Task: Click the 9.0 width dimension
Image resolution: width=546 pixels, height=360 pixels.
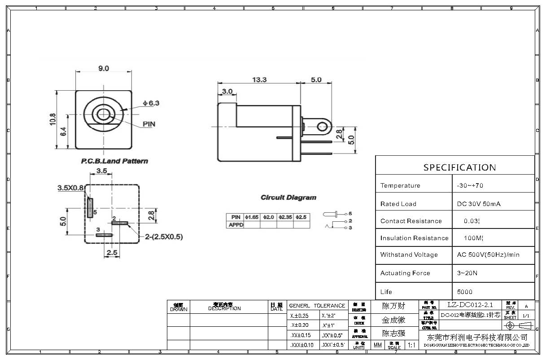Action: [x=104, y=68]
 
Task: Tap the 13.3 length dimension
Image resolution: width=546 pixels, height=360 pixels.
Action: [x=259, y=79]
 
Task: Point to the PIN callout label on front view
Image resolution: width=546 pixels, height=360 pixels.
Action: [x=149, y=124]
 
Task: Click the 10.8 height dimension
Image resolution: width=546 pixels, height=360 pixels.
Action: [x=53, y=119]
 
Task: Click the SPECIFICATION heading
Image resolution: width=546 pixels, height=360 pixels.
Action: [x=459, y=167]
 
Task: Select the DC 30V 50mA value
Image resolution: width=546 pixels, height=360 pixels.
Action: [x=479, y=204]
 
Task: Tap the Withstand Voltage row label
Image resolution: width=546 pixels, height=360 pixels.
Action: [x=409, y=255]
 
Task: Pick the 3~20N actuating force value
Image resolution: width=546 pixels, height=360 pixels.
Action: [x=467, y=273]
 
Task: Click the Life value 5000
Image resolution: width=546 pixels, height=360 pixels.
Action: [x=465, y=292]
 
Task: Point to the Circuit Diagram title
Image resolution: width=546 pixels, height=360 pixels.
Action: [x=288, y=198]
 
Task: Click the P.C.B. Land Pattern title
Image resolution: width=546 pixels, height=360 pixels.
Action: [x=114, y=161]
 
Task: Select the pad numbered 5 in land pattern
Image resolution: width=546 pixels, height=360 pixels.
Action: [x=90, y=207]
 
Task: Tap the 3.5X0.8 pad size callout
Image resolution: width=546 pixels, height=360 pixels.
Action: [x=70, y=188]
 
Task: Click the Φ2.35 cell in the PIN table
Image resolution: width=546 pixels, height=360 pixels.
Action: [x=285, y=217]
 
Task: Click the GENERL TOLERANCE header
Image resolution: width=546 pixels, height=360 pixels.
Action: [x=317, y=306]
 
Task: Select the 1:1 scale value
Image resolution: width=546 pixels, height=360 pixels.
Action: [x=411, y=345]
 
